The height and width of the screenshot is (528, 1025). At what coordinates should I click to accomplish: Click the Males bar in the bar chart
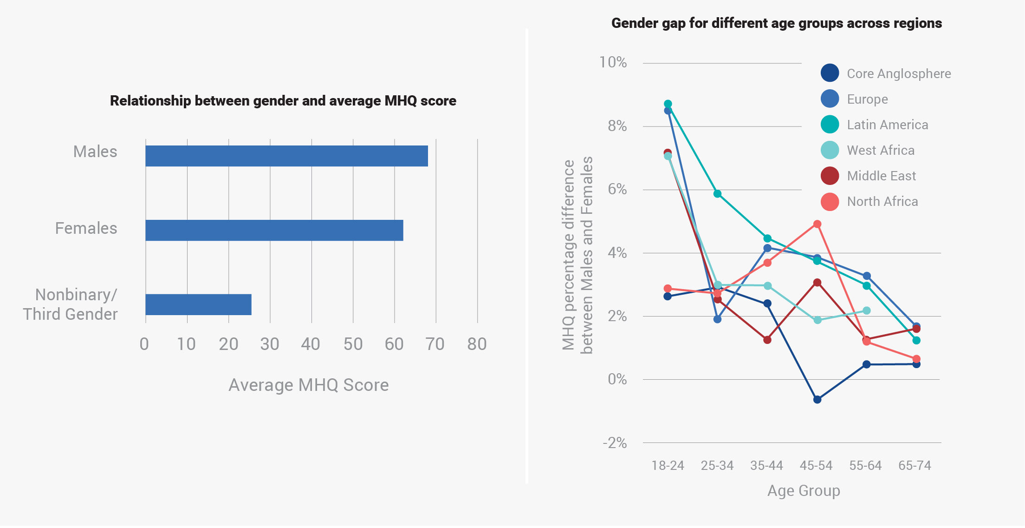point(286,156)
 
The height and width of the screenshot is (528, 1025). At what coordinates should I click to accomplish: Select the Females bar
point(274,230)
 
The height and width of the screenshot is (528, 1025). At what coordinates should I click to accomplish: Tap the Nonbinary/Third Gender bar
point(198,304)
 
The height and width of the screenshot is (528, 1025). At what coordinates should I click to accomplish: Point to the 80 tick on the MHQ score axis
point(477,344)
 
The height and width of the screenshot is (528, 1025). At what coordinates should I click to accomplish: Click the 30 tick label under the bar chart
point(270,344)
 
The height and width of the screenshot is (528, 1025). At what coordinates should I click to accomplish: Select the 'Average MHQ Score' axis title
point(309,385)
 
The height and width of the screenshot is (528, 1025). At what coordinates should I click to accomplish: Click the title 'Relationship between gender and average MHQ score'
point(283,101)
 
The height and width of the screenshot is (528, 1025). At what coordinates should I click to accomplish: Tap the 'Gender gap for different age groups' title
point(777,23)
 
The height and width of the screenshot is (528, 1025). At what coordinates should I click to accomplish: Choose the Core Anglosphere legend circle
point(830,73)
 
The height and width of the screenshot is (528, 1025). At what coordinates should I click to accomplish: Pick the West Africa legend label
point(881,150)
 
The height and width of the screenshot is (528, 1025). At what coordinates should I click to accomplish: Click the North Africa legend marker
point(830,201)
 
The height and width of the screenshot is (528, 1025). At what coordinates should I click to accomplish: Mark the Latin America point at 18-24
point(668,104)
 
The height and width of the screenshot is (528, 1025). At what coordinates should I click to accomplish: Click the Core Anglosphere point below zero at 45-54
point(817,399)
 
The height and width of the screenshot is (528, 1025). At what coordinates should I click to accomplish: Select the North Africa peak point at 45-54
point(817,224)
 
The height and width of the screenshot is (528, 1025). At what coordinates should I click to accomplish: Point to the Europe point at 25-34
point(717,319)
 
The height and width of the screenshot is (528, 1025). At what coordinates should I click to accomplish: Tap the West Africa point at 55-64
point(866,310)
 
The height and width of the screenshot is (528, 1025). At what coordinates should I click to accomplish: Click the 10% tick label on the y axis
point(613,62)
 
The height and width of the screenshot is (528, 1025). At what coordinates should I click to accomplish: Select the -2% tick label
point(615,443)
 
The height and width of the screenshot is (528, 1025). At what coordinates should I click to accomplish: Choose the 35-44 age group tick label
point(766,466)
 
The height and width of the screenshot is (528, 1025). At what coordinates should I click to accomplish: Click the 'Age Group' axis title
point(804,491)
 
